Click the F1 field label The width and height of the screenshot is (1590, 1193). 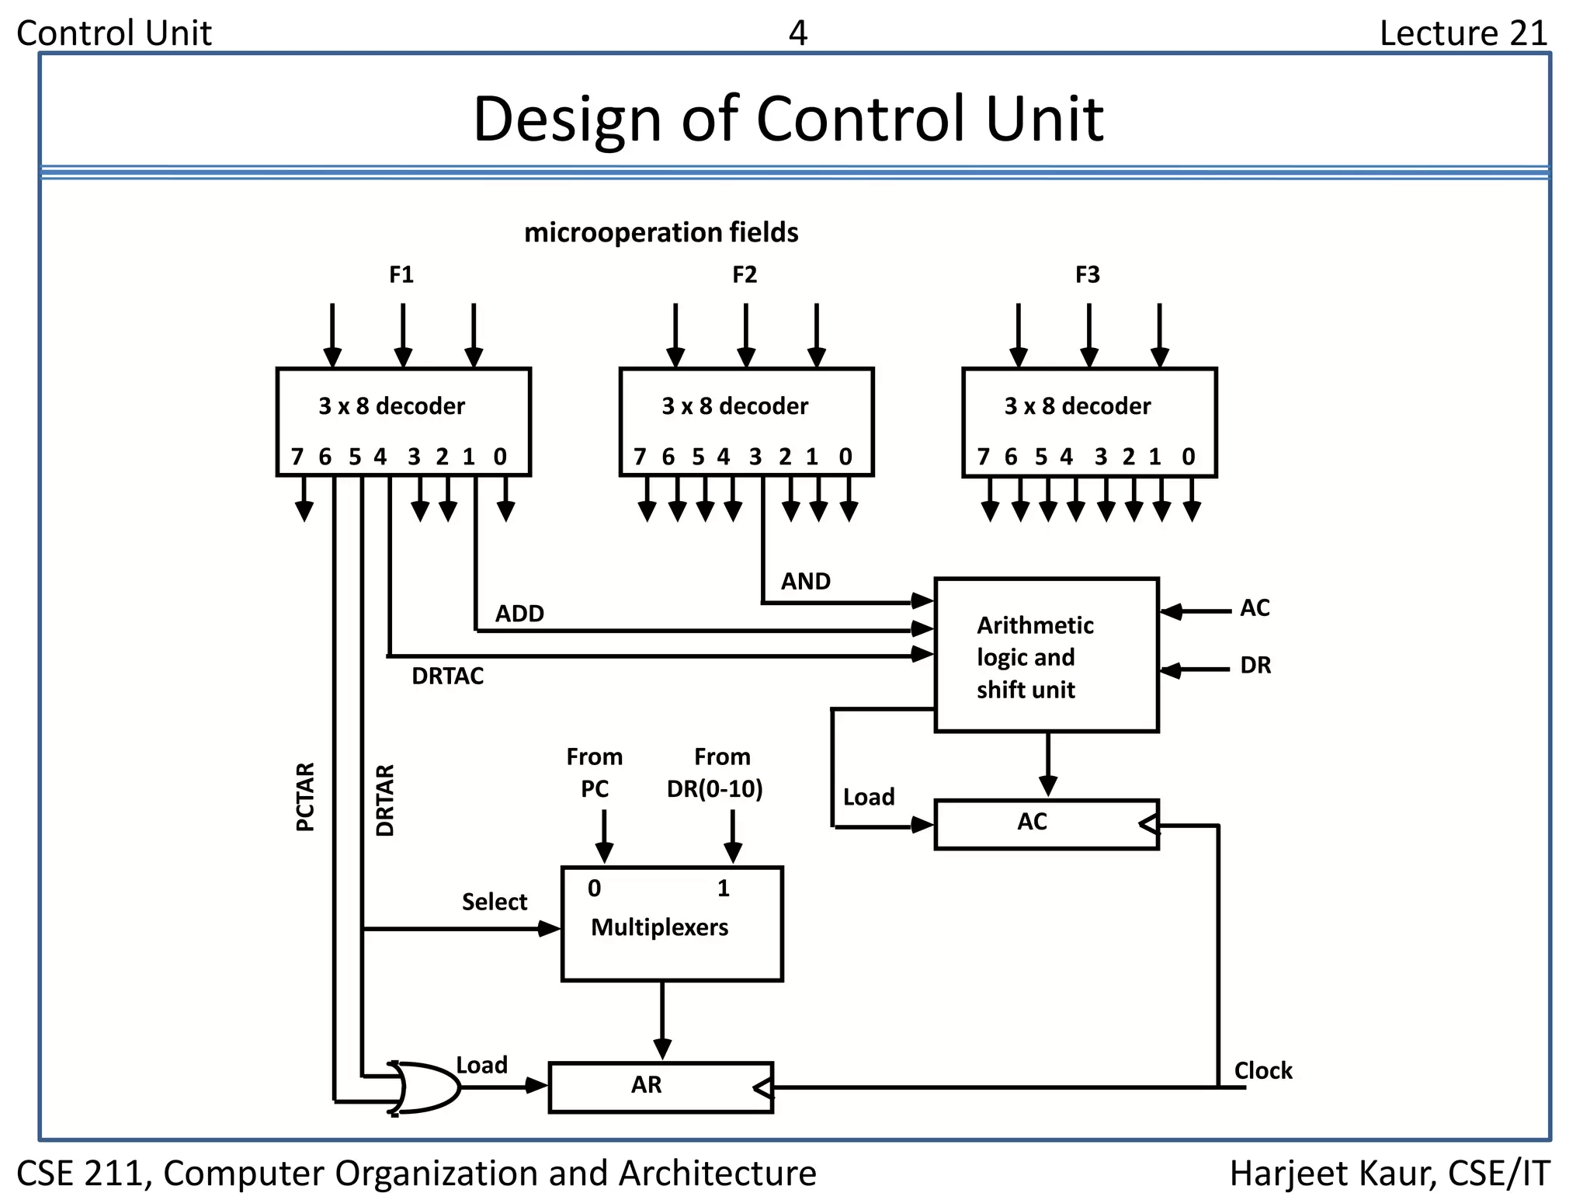point(401,275)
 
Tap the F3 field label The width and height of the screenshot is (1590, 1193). point(1087,275)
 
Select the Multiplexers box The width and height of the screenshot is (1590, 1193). point(672,924)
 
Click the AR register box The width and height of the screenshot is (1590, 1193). point(660,1087)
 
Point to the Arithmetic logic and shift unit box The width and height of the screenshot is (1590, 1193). point(1046,656)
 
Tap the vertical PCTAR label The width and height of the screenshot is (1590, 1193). point(306,797)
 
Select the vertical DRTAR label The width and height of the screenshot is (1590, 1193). point(385,800)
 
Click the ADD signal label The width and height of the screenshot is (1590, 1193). point(519,614)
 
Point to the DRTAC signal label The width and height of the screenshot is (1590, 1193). point(447,676)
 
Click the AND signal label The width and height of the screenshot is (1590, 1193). point(805,581)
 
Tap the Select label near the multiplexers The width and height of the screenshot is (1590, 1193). point(494,902)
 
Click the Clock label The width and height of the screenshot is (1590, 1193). point(1262,1071)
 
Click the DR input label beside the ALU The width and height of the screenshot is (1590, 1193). point(1255,666)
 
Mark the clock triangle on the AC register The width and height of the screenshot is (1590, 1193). point(1148,825)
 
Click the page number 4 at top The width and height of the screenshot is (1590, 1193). point(797,33)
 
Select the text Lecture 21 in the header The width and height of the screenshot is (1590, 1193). point(1463,33)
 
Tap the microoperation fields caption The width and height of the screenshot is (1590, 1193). point(661,232)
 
